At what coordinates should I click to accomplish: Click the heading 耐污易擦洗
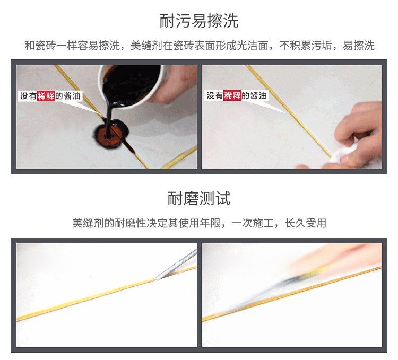click(199, 21)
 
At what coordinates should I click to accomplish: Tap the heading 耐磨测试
click(199, 198)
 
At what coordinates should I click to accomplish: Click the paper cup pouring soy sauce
click(132, 85)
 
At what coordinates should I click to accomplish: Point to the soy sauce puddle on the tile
click(111, 134)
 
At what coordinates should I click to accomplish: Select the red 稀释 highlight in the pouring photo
click(46, 96)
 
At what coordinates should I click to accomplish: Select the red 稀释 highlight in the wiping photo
click(232, 95)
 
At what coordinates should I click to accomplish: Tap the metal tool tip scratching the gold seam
click(158, 278)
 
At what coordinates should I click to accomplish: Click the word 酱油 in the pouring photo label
click(72, 96)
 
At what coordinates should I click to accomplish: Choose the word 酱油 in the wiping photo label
click(258, 95)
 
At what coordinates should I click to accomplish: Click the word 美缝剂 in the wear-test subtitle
click(88, 223)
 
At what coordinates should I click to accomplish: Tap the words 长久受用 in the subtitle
click(305, 223)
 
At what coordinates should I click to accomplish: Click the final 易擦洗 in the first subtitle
click(359, 46)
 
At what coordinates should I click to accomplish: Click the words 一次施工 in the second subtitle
click(252, 223)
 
